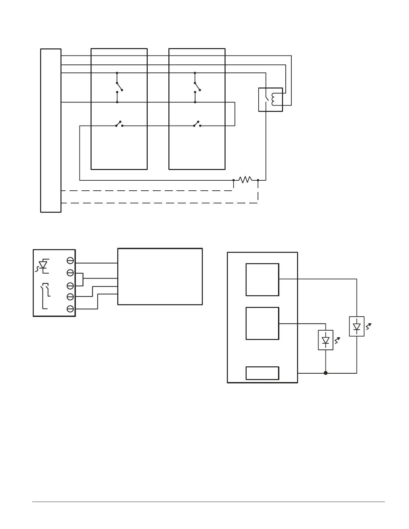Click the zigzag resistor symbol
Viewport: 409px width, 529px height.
click(x=245, y=180)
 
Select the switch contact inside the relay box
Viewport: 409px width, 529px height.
click(x=266, y=99)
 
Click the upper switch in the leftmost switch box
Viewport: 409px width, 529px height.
click(x=119, y=86)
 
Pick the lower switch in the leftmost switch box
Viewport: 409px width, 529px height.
click(x=119, y=124)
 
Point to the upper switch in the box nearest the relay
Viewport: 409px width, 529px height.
click(x=197, y=86)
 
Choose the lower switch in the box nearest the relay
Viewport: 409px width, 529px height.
click(x=197, y=124)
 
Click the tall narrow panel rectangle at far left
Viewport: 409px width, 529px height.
click(x=51, y=130)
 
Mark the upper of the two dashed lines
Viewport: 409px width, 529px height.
click(x=147, y=191)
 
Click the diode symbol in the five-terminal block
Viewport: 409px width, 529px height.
click(x=43, y=266)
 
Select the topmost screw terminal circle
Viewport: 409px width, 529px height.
click(x=70, y=260)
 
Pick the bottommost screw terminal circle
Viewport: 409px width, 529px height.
click(x=70, y=309)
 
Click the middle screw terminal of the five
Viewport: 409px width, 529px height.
click(x=70, y=286)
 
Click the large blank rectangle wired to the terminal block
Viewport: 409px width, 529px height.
click(x=160, y=276)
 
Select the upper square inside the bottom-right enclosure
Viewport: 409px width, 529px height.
click(x=262, y=280)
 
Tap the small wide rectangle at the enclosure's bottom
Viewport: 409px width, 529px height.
click(x=262, y=373)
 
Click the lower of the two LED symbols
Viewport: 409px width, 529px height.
click(x=326, y=340)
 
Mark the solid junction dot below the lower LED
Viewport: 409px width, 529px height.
click(x=326, y=373)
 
